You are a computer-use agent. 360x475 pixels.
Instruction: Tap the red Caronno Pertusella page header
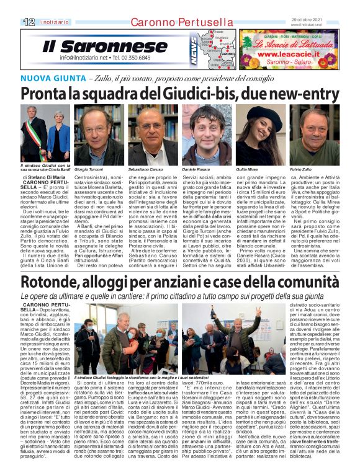tap(175, 22)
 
